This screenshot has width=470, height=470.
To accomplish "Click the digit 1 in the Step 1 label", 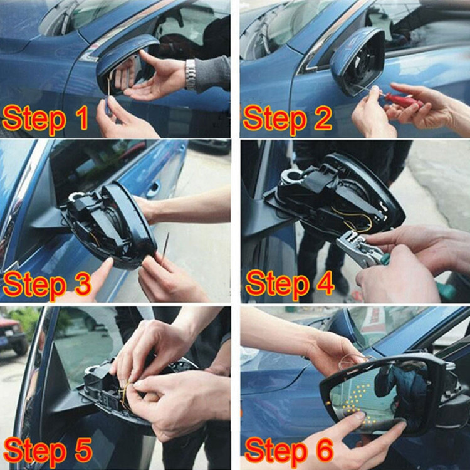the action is [81, 118].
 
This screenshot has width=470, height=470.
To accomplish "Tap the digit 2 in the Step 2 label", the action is [323, 118].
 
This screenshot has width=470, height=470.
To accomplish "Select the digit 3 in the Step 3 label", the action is [82, 284].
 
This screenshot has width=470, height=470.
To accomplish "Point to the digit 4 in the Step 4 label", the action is [325, 283].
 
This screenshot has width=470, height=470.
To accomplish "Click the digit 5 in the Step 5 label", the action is [83, 450].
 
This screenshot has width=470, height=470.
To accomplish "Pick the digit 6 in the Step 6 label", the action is [325, 450].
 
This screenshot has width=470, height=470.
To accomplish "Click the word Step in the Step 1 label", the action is [34, 119].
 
